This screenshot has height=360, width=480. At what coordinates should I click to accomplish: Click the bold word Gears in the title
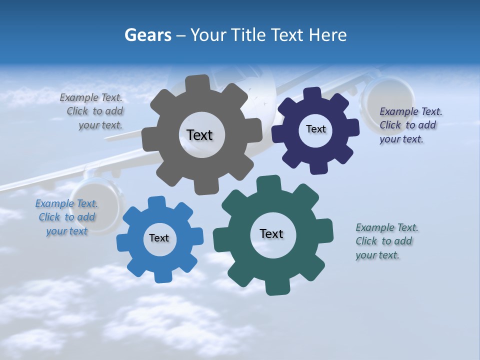pos(147,35)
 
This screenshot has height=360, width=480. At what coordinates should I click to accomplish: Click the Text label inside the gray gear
pos(199,135)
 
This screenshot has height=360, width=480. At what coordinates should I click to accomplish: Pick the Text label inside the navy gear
pos(315,129)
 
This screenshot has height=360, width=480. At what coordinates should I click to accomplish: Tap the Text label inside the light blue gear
pos(159,238)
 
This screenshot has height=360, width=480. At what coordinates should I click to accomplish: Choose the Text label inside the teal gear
pos(271,233)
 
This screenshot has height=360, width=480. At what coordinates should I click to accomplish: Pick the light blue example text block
pos(66,217)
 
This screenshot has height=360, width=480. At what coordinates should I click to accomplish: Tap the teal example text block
pos(386,241)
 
